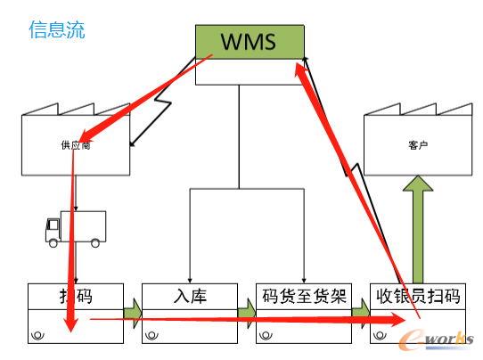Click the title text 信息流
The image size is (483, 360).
pyautogui.click(x=57, y=30)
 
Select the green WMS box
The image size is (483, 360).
pyautogui.click(x=249, y=41)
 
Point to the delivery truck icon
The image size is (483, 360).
pyautogui.click(x=75, y=228)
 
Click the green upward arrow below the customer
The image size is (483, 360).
pyautogui.click(x=418, y=227)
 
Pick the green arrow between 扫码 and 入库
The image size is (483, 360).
pyautogui.click(x=131, y=313)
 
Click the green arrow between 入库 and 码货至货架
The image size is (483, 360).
pyautogui.click(x=246, y=313)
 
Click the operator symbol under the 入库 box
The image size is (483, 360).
pyautogui.click(x=151, y=335)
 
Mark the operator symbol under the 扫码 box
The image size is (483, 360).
pyautogui.click(x=37, y=335)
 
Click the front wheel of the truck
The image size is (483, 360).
pyautogui.click(x=54, y=242)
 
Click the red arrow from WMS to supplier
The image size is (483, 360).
pyautogui.click(x=151, y=94)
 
